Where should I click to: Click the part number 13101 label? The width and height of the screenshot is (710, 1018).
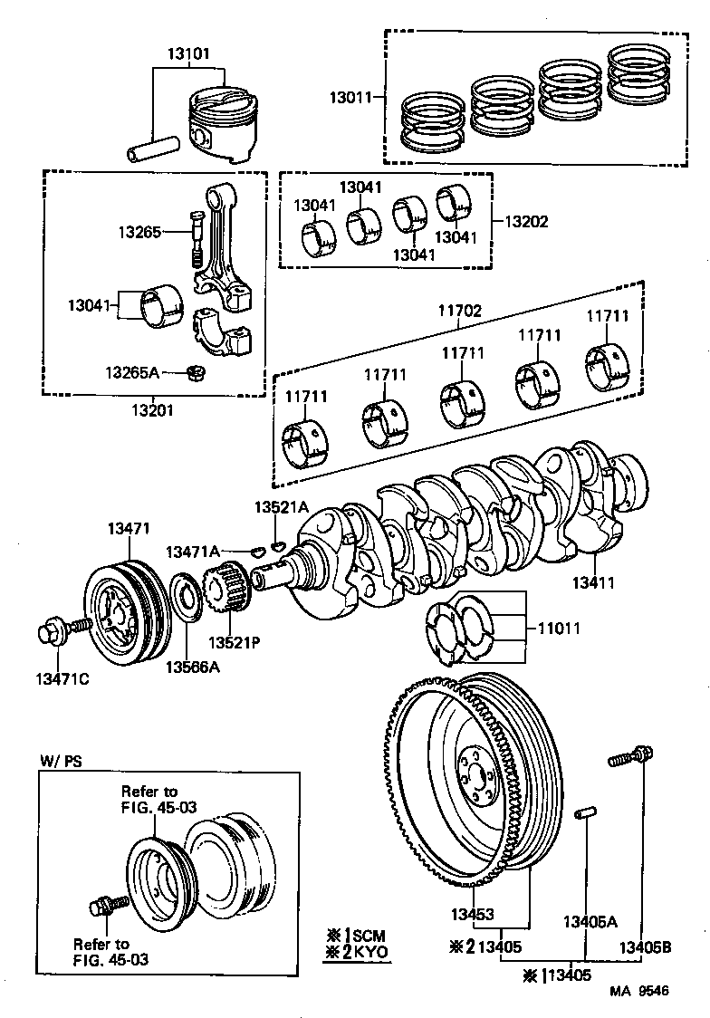[x=187, y=53]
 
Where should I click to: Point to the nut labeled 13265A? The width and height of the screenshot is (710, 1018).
[x=193, y=370]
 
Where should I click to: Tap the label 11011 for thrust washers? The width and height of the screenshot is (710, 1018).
[x=559, y=627]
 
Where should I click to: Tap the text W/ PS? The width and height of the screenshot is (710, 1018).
[x=60, y=762]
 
